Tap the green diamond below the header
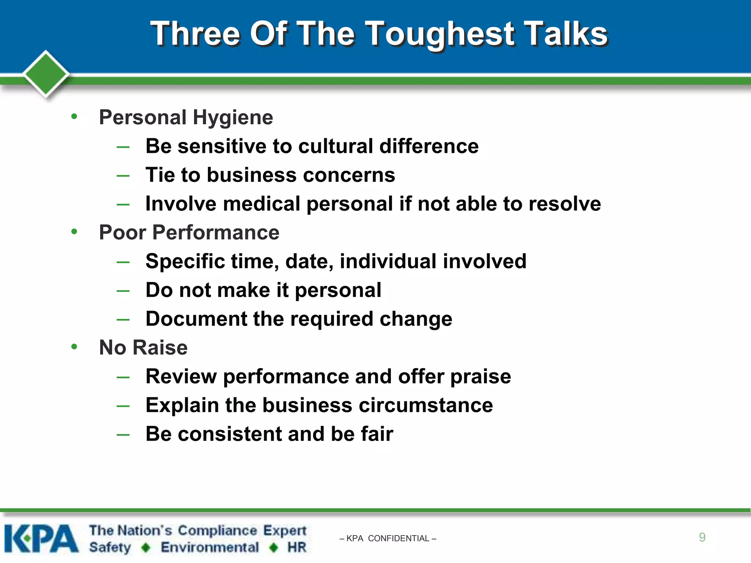(46, 73)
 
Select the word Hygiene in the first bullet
(233, 118)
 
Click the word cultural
(336, 146)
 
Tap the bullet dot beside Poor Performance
(74, 232)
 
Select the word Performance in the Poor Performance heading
(216, 233)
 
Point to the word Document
(196, 319)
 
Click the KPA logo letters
(41, 538)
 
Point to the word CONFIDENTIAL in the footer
(398, 538)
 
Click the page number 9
(702, 537)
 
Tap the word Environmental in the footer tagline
(210, 547)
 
